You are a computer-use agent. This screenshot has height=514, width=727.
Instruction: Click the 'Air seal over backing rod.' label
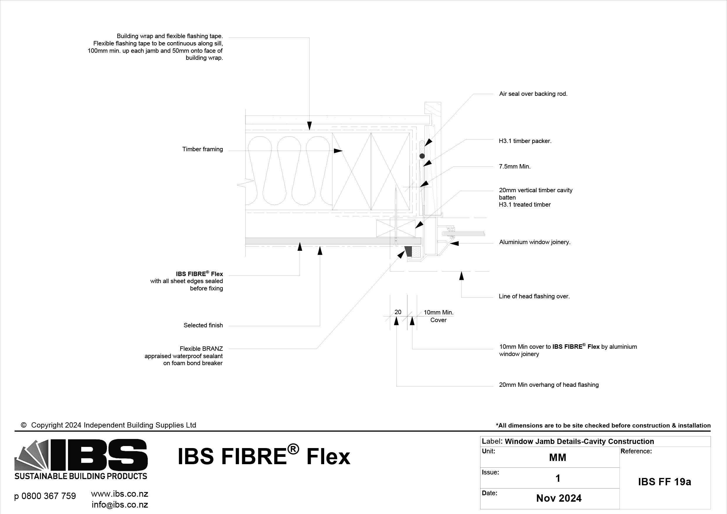point(533,94)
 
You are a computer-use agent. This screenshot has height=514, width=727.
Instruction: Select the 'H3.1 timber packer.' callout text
point(525,141)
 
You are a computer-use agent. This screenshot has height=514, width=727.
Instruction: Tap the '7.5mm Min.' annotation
point(514,166)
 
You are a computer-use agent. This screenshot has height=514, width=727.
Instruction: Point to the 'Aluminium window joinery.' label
point(534,242)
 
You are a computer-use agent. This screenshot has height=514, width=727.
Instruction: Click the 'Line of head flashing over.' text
point(534,296)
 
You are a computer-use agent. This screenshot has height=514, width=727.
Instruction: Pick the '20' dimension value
point(398,312)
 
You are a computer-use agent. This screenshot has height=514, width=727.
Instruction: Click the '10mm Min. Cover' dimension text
point(439,316)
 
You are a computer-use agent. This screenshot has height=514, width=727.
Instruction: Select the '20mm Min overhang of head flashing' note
point(548,385)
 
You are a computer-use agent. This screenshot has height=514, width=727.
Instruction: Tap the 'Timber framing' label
point(202,149)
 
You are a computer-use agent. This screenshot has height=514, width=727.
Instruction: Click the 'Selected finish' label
point(203,325)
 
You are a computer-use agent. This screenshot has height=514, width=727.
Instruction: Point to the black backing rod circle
point(422,156)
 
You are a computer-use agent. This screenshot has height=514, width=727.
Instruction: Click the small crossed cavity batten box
point(395,229)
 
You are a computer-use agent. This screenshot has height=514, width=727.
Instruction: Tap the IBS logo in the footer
point(81,459)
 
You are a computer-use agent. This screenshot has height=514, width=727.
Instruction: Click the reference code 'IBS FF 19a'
point(664,482)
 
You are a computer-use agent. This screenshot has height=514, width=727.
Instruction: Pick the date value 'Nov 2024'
point(558,498)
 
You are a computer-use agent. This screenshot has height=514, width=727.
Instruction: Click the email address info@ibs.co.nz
point(120,504)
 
